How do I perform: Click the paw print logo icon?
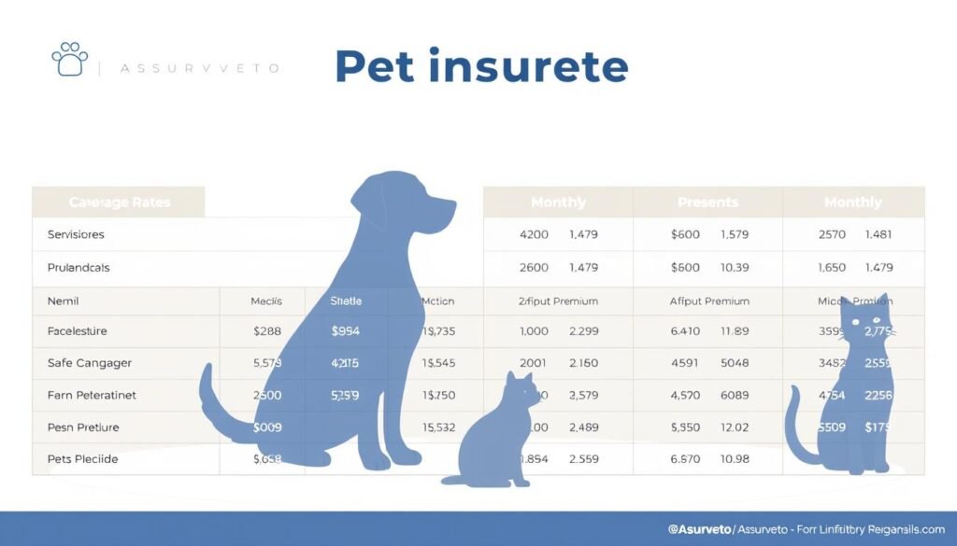[69, 58]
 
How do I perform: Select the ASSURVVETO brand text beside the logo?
[202, 68]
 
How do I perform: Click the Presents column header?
[707, 202]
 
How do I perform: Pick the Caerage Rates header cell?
[120, 202]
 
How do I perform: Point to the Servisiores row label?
[76, 234]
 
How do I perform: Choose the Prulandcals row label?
[79, 267]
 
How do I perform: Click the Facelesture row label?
[77, 330]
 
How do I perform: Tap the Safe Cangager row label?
[89, 362]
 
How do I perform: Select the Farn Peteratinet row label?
[92, 395]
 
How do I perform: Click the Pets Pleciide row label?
[82, 459]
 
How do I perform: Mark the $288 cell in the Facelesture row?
[267, 330]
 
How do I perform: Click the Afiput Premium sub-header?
[707, 301]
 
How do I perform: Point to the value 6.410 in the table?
[685, 330]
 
